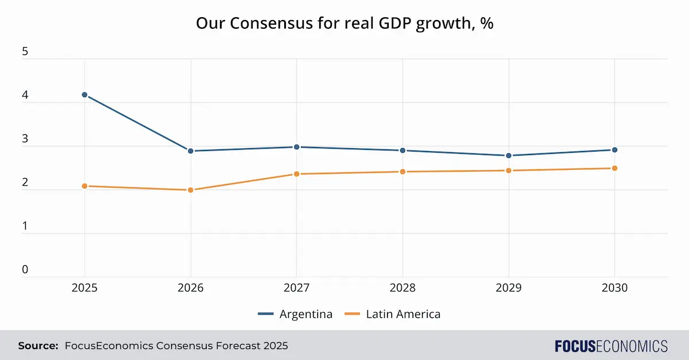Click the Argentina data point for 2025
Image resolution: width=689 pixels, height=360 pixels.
click(x=84, y=95)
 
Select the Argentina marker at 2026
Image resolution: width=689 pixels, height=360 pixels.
click(x=191, y=151)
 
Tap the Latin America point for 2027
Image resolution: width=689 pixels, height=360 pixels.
click(x=297, y=174)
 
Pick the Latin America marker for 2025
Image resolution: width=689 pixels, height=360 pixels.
click(x=84, y=186)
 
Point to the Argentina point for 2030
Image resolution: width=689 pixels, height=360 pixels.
click(x=614, y=150)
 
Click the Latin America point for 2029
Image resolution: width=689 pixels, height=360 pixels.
click(x=509, y=171)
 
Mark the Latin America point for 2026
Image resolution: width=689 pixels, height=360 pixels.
click(x=191, y=190)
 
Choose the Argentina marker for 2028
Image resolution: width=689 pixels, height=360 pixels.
click(x=402, y=150)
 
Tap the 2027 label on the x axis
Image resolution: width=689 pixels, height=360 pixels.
click(x=297, y=288)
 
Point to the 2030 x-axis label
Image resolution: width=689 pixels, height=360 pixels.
click(x=614, y=288)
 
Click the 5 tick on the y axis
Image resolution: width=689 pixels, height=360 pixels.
click(x=25, y=52)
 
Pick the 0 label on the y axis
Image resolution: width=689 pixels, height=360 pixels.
click(x=25, y=269)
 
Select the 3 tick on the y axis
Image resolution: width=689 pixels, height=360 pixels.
click(x=25, y=139)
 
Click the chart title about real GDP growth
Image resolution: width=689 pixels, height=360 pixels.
click(x=344, y=24)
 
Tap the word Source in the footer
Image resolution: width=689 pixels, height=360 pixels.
click(x=38, y=346)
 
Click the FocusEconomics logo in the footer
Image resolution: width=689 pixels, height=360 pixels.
click(x=611, y=346)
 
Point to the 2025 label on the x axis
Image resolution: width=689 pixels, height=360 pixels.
click(x=84, y=288)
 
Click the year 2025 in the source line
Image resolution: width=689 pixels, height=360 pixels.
click(x=275, y=346)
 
